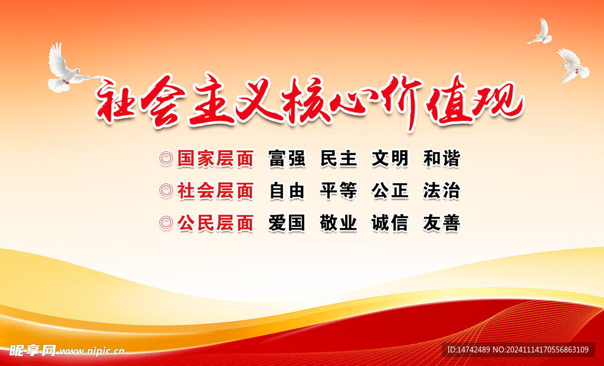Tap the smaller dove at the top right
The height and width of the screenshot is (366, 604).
[540, 32]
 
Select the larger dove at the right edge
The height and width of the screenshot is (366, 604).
[573, 66]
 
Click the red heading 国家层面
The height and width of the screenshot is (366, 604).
[215, 159]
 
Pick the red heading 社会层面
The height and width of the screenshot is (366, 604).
[215, 191]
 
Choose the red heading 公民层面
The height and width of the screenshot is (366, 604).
[215, 223]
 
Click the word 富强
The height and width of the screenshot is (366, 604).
[287, 159]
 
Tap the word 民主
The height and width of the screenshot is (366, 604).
[339, 159]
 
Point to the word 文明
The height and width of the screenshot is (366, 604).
[390, 159]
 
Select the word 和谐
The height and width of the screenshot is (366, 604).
[441, 159]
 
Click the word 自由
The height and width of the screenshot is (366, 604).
[287, 191]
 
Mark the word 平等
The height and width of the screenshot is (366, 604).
[339, 191]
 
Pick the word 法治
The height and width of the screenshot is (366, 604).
[441, 191]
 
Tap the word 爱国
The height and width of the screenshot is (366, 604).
[287, 223]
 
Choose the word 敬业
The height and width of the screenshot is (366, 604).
[339, 223]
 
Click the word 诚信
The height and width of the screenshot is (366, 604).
[390, 223]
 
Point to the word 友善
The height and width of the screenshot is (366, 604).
[441, 223]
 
